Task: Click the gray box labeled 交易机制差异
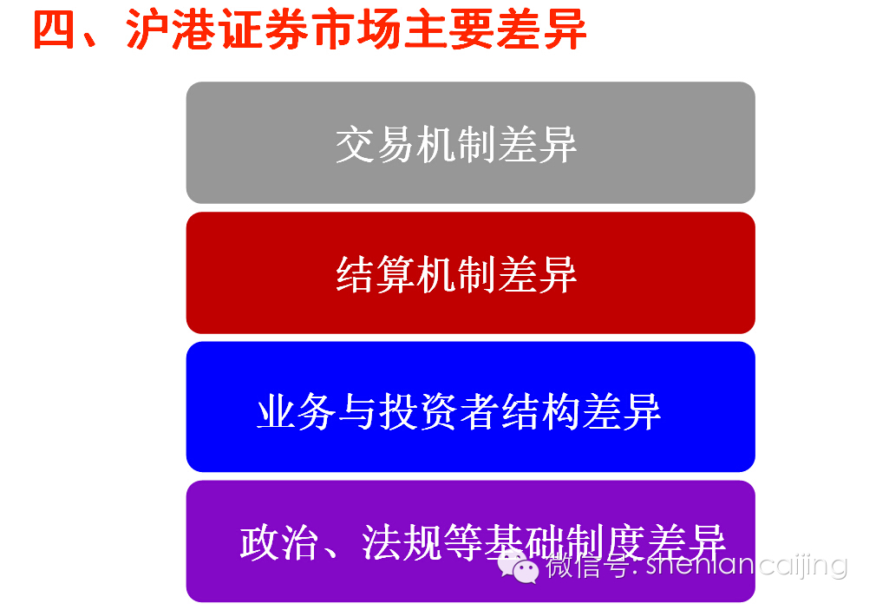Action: [470, 142]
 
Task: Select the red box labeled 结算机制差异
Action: [470, 272]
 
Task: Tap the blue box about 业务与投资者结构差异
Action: [470, 406]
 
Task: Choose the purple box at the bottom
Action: [470, 541]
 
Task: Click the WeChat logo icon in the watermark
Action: [518, 566]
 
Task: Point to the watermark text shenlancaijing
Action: [747, 565]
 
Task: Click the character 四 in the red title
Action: [54, 30]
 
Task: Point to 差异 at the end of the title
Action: [541, 30]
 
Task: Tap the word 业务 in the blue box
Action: [297, 412]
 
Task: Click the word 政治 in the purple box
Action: [280, 542]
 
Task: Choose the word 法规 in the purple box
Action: [402, 542]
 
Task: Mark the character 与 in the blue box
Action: [358, 412]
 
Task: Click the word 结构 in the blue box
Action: [541, 412]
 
